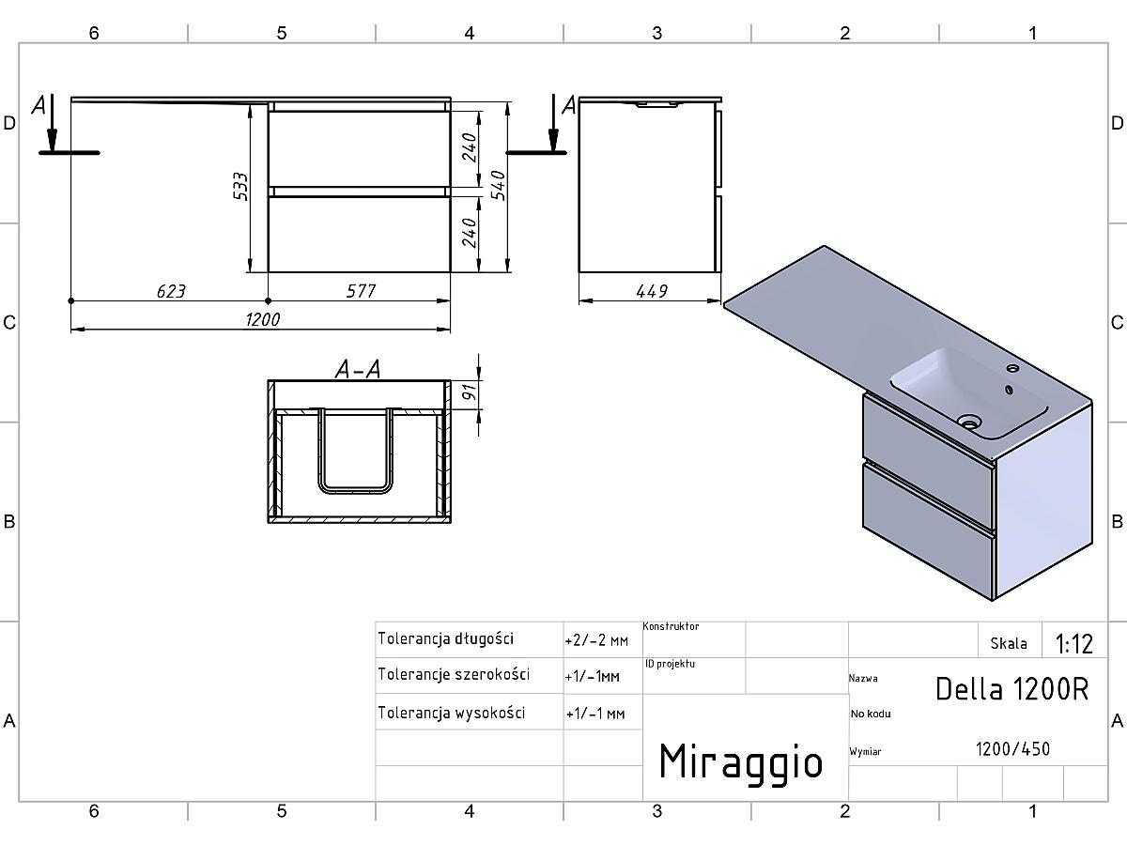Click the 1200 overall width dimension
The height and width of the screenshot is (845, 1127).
click(x=262, y=319)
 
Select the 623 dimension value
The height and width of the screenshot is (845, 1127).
click(x=171, y=291)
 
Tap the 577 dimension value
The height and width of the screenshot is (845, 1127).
click(x=361, y=291)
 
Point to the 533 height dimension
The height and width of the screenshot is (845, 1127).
click(x=240, y=186)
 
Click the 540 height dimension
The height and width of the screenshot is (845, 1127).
click(x=498, y=185)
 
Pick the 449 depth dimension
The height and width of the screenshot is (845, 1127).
click(x=652, y=291)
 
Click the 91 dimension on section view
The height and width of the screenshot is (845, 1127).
click(x=470, y=392)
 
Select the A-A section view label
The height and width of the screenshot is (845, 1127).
click(x=358, y=369)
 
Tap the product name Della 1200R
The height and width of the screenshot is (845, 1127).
click(x=1012, y=689)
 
